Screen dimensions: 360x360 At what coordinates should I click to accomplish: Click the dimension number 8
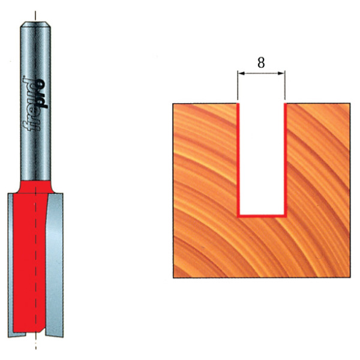(261, 62)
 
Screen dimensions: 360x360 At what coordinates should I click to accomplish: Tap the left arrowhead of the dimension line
(241, 73)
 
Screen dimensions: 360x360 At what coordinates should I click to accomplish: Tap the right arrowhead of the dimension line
(281, 73)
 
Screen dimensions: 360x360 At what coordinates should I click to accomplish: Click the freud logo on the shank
(35, 104)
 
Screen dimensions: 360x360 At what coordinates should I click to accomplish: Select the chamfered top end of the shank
(35, 24)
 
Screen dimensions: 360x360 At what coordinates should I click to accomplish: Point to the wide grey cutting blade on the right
(55, 264)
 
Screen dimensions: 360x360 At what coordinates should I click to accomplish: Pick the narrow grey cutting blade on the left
(10, 264)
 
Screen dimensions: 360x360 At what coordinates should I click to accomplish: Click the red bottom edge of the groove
(262, 216)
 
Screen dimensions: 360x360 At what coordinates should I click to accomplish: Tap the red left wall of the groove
(238, 160)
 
